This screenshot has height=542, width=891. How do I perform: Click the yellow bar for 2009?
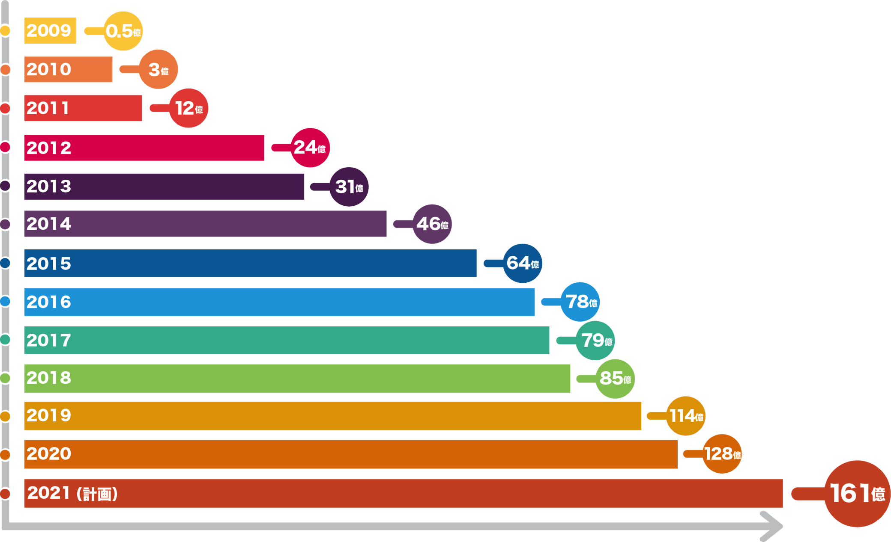50,30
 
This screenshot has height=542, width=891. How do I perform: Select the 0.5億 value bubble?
123,31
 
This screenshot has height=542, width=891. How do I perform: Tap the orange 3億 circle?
158,69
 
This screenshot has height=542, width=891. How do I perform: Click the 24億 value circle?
310,148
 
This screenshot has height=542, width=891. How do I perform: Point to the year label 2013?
49,187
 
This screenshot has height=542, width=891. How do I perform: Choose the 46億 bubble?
432,224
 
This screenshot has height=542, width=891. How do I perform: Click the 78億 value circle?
580,302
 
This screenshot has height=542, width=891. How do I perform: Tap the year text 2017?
49,341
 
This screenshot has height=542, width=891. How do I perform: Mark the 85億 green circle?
615,379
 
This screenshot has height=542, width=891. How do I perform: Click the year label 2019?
49,415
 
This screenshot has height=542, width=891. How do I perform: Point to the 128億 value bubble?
722,454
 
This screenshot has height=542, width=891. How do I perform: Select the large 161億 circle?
857,494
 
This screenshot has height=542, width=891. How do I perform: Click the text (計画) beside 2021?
97,494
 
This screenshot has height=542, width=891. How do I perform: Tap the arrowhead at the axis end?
772,526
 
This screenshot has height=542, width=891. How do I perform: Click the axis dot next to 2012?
5,147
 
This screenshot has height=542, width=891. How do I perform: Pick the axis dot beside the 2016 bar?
5,302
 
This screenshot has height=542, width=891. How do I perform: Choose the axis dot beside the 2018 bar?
5,378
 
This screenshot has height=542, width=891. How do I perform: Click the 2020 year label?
49,454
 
